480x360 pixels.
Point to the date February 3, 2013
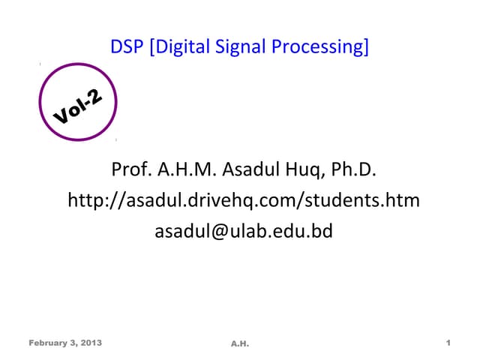tap(66, 343)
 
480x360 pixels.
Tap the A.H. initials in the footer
tap(240, 343)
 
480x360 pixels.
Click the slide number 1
tap(447, 343)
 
